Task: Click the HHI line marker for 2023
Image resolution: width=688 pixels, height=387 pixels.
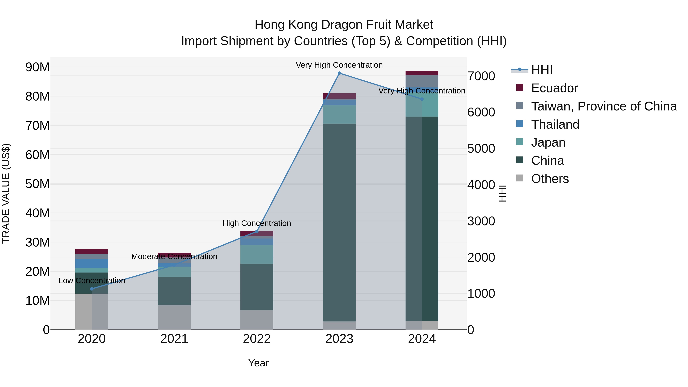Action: point(339,73)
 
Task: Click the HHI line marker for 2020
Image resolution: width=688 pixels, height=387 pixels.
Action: point(92,289)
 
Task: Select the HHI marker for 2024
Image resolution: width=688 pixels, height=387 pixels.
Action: point(422,99)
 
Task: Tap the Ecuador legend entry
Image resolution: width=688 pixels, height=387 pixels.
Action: point(554,88)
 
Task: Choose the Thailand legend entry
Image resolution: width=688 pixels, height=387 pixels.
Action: point(555,124)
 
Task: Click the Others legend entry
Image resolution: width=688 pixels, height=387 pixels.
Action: point(550,179)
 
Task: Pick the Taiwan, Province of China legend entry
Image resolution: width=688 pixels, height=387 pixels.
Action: point(604,106)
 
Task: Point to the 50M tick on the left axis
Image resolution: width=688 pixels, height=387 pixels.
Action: point(37,184)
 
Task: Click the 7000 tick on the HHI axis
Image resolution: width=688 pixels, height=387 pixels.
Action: point(481,76)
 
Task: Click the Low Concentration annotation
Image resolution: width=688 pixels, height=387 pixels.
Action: point(92,281)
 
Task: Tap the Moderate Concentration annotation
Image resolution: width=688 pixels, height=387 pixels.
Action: point(174,257)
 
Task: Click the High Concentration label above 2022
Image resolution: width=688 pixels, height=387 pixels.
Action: point(257,223)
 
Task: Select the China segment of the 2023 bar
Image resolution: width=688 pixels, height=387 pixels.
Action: point(339,222)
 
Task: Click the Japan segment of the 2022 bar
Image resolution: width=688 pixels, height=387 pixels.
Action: point(257,254)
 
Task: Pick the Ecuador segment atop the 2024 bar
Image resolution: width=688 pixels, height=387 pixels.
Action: point(422,73)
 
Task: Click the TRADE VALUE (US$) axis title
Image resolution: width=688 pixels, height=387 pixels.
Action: point(6,193)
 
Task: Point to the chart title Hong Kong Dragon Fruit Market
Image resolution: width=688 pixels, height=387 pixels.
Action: point(344,25)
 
